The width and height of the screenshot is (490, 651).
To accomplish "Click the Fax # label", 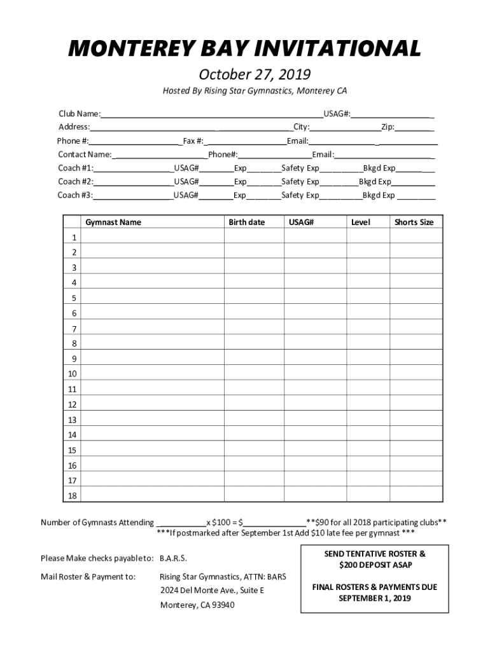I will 193,141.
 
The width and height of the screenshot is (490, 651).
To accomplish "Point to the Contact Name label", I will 85,154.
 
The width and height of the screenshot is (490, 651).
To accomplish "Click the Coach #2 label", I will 76,182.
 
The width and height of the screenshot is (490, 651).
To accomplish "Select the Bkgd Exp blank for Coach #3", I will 416,196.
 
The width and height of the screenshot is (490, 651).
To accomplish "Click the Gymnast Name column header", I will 113,223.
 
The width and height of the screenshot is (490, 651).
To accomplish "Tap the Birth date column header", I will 247,223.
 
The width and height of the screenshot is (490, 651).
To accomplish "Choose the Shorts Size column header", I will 414,223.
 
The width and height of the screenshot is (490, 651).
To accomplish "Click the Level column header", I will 360,223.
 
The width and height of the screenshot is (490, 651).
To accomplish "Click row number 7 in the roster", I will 74,329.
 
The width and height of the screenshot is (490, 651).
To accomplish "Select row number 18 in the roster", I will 72,496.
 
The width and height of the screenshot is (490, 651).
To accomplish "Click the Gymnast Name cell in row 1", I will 153,237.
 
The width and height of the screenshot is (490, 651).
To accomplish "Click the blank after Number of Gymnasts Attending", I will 181,523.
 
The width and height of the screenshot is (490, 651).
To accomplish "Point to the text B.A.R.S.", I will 173,558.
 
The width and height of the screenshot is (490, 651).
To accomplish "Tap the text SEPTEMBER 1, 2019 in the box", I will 374,598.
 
